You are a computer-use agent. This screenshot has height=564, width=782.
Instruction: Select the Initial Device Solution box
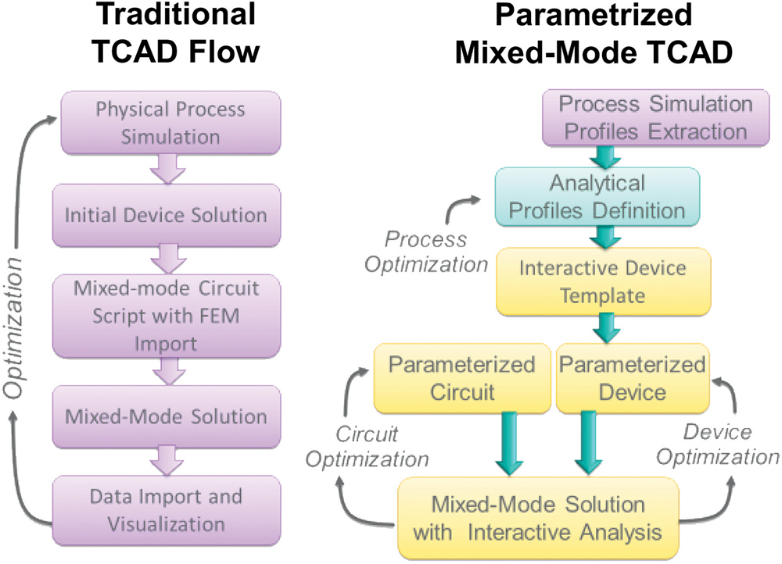tap(169, 214)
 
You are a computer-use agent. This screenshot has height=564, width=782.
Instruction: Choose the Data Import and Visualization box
tap(169, 509)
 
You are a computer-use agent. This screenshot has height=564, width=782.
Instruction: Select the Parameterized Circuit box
tap(461, 378)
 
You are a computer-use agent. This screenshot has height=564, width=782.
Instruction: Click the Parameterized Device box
tap(630, 378)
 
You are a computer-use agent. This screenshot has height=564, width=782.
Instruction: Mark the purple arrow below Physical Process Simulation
tap(169, 167)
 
